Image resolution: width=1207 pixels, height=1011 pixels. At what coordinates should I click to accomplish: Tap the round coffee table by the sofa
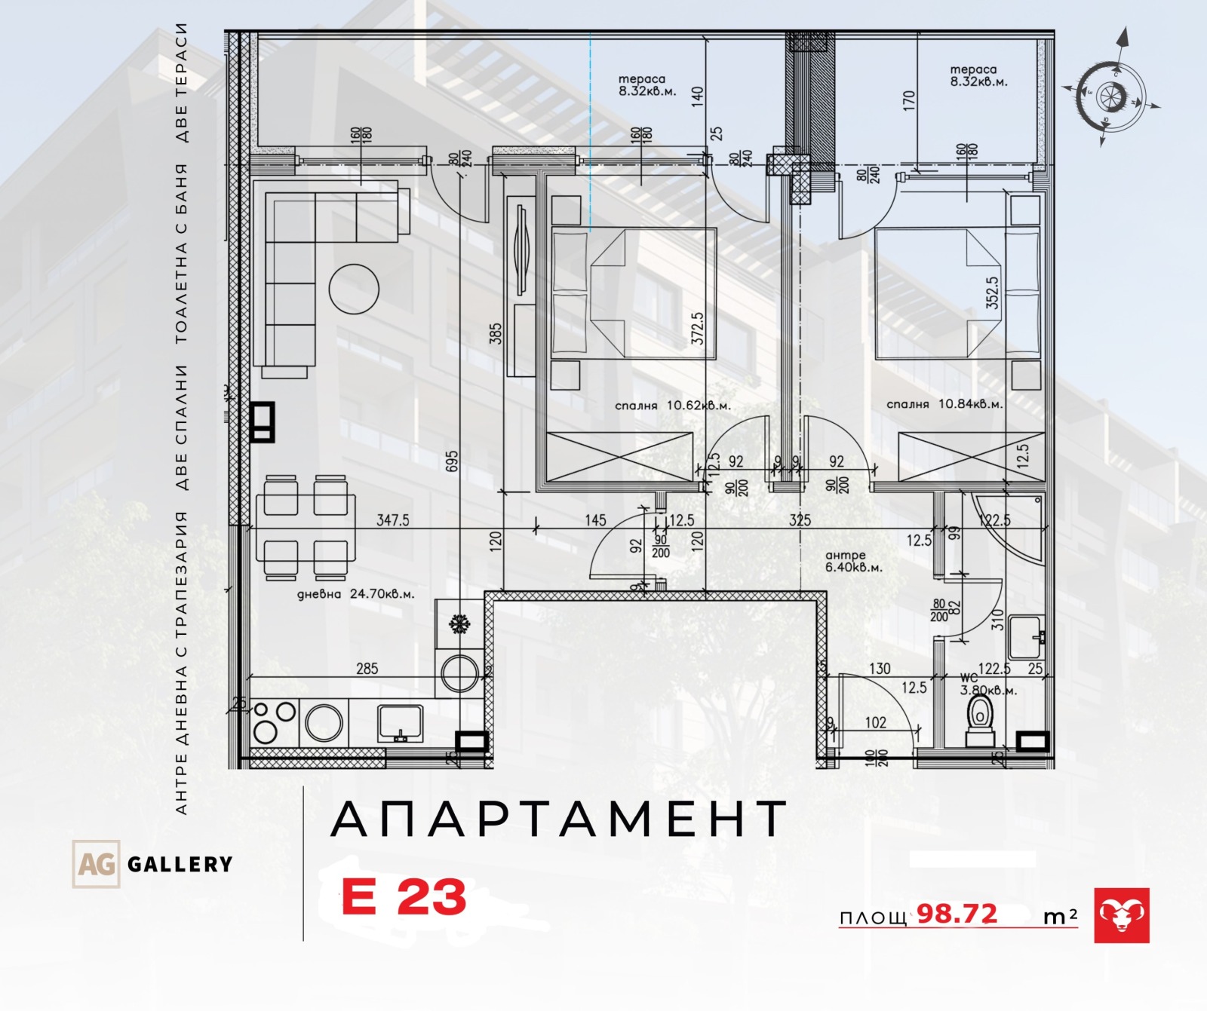tap(354, 289)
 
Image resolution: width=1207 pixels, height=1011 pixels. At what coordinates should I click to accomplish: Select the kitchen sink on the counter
tap(401, 722)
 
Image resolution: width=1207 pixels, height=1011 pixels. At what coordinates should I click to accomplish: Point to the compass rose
tap(1110, 97)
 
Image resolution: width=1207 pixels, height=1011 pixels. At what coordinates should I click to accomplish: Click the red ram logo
tap(1122, 915)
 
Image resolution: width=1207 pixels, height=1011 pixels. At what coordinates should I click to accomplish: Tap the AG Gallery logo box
tap(96, 863)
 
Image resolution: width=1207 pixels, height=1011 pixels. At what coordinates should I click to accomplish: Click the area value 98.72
tap(957, 914)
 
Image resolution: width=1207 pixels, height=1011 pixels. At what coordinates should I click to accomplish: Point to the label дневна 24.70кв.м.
tap(355, 594)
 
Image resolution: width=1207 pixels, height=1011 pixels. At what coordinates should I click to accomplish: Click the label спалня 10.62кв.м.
tap(673, 406)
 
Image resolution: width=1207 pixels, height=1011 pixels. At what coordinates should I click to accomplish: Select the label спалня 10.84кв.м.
tap(944, 404)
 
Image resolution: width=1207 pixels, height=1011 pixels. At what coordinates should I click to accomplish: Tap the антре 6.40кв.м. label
tap(853, 562)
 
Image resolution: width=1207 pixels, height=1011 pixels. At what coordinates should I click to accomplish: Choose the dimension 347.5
tap(392, 520)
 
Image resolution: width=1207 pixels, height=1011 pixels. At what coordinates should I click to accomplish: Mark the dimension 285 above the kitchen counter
tap(367, 669)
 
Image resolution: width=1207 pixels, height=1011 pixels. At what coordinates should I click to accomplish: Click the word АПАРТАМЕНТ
tap(559, 820)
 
